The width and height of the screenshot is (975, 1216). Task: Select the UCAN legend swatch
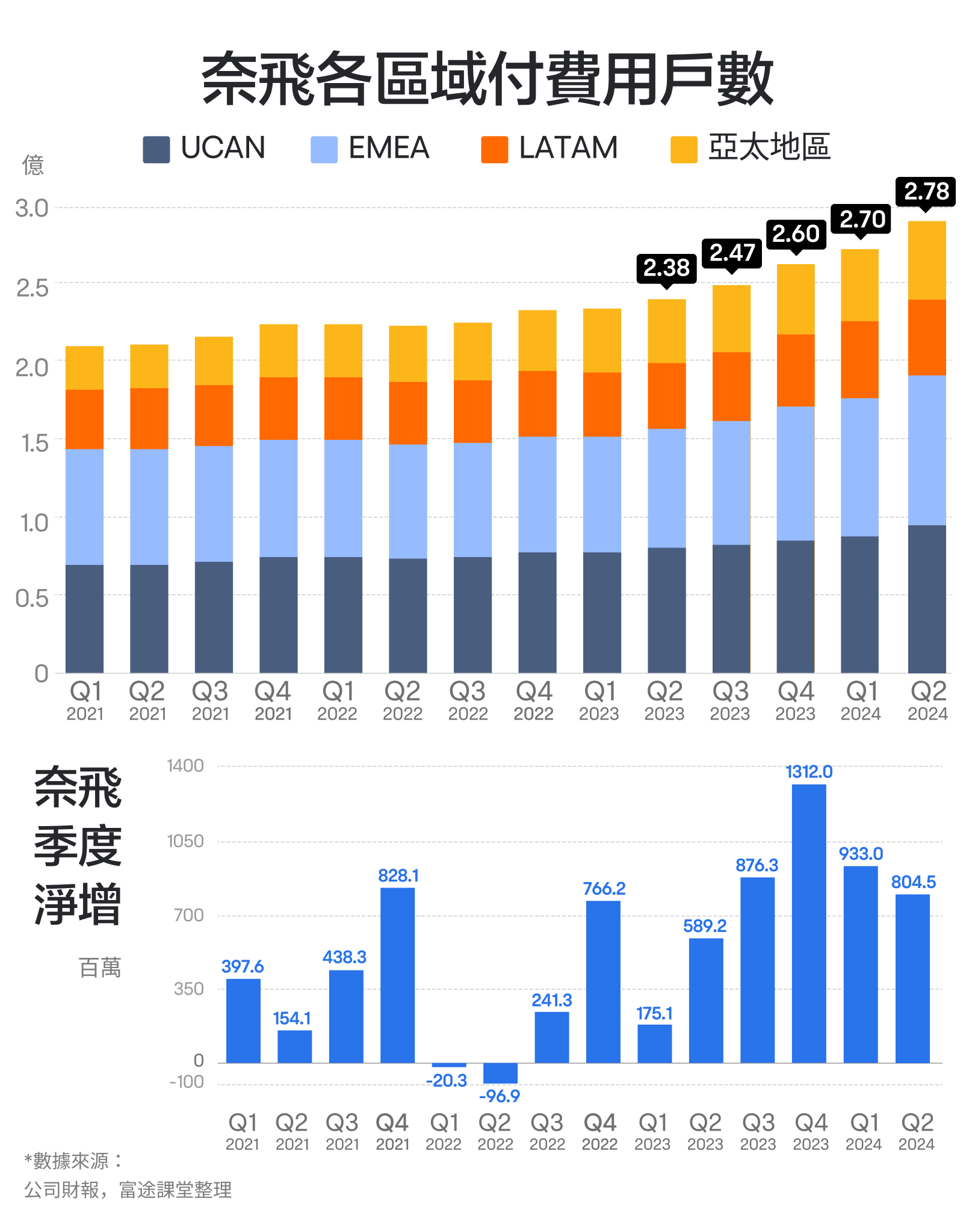[x=156, y=149]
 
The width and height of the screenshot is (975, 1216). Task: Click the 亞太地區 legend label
[x=769, y=147]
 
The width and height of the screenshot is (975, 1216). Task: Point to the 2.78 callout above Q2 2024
[x=926, y=191]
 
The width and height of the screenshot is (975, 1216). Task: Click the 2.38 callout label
[x=666, y=268]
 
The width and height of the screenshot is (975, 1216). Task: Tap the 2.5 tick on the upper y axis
[x=32, y=288]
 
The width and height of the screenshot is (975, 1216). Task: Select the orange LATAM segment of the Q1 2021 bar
[x=84, y=419]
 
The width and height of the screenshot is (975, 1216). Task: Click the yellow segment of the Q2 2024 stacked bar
[x=927, y=260]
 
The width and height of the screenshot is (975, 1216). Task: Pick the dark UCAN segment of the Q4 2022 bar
[x=537, y=612]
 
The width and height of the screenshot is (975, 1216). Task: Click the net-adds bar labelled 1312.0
[x=809, y=924]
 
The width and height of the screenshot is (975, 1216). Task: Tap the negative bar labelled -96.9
[x=500, y=1073]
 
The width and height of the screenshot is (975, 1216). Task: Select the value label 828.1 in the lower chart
[x=398, y=876]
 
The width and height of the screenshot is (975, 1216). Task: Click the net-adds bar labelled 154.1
[x=294, y=1047]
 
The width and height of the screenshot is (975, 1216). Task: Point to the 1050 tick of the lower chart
[x=185, y=841]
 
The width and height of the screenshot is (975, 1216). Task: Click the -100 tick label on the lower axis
[x=187, y=1082]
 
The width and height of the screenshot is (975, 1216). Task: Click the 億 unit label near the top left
[x=33, y=165]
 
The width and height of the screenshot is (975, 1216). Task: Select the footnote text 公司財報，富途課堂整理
[x=128, y=1190]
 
